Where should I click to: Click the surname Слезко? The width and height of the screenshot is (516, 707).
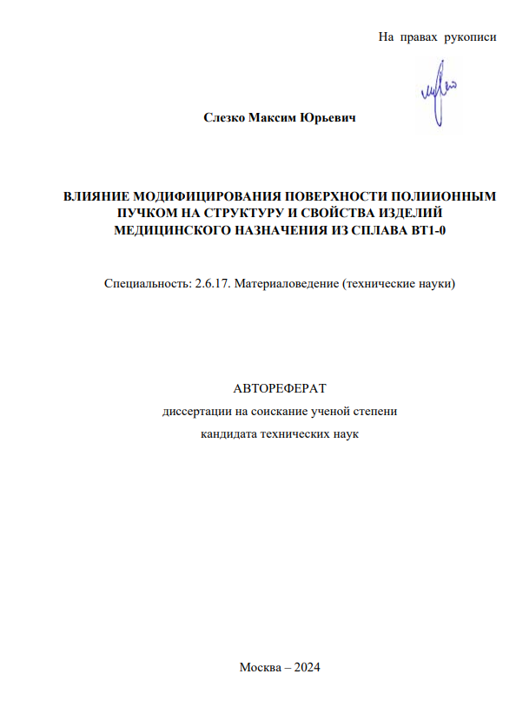[224, 117]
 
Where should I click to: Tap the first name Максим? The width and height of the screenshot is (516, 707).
[273, 117]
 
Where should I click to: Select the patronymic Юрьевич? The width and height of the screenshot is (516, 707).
[328, 117]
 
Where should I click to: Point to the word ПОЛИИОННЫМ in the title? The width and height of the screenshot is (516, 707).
[446, 197]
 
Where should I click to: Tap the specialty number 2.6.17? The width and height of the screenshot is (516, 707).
[214, 284]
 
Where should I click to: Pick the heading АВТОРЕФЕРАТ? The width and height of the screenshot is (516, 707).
[280, 388]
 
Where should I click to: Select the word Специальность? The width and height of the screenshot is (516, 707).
[143, 284]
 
